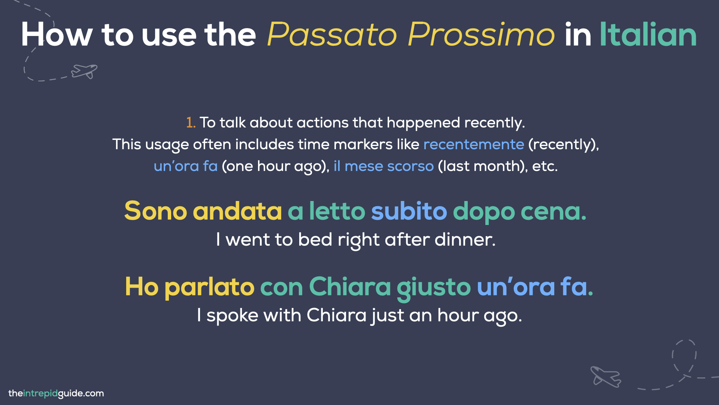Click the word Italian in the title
pos(648,34)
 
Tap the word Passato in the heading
pos(332,34)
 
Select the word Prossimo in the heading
pos(481,34)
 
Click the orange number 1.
pos(190,123)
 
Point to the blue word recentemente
pos(473,144)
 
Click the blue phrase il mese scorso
pos(383,166)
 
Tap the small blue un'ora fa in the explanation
pos(186,166)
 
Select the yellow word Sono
pos(155,211)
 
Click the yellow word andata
pos(237,211)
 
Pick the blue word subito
pos(409,211)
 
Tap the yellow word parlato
pos(209,287)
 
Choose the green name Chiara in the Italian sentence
pos(350,287)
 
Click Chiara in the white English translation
pos(336,315)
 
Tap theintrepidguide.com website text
pos(56,393)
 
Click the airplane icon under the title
pos(85,71)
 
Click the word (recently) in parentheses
pos(563,144)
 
